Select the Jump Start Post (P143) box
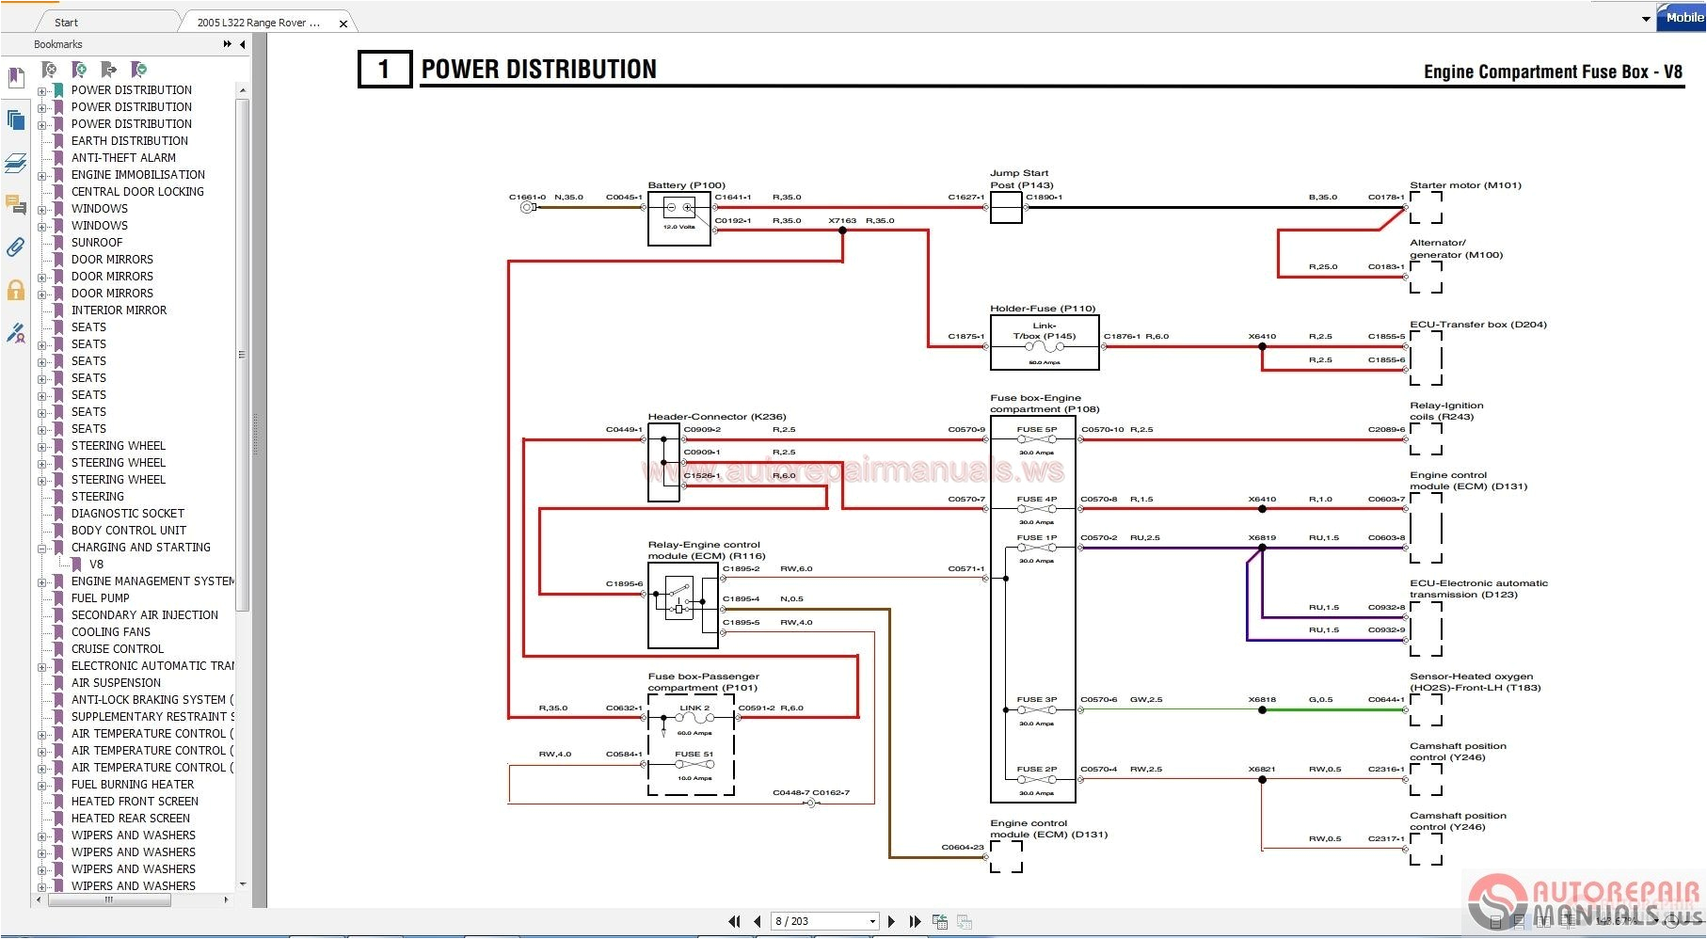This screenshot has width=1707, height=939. (1005, 208)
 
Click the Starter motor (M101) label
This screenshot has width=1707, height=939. (1465, 185)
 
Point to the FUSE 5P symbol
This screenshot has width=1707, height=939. (1037, 439)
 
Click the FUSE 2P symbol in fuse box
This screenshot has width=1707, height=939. (1037, 780)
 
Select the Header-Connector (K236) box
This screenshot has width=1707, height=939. (663, 462)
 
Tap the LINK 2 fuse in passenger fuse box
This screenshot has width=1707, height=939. (694, 718)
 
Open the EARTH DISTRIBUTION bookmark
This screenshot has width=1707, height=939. (130, 141)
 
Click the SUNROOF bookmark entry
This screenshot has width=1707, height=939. (97, 243)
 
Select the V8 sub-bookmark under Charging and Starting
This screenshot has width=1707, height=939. (96, 565)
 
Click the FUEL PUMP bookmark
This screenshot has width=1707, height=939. (101, 598)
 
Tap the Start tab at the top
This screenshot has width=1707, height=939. (66, 23)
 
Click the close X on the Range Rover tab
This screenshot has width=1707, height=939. (343, 24)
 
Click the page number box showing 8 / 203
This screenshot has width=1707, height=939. (823, 921)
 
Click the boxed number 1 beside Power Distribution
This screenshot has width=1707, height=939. (384, 69)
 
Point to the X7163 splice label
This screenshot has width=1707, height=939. (842, 221)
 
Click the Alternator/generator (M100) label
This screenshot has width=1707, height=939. (1456, 248)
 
